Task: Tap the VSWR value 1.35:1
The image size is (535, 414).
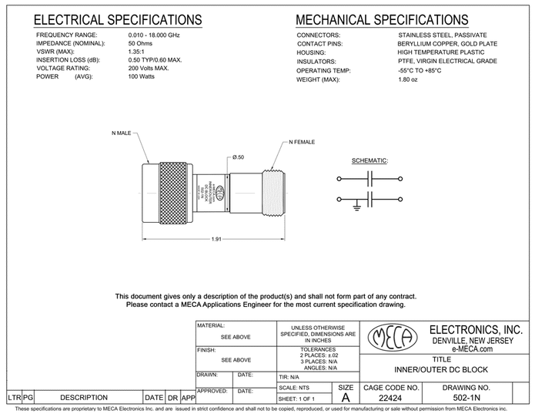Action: click(138, 53)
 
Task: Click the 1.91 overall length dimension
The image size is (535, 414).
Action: click(218, 238)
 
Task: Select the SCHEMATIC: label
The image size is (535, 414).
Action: click(369, 160)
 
